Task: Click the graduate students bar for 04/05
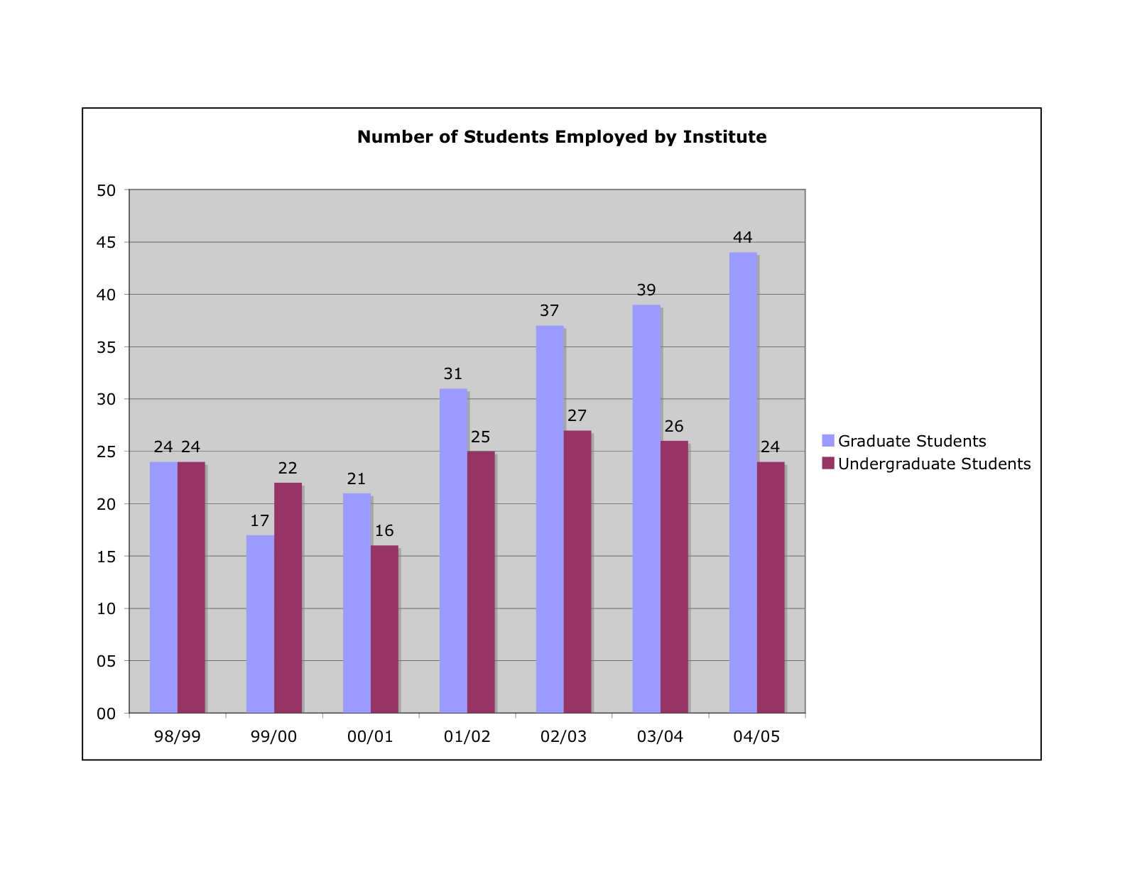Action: [743, 483]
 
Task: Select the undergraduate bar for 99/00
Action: [288, 598]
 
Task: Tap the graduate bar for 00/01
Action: [357, 603]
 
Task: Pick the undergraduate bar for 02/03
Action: [577, 572]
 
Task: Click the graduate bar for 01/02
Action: [453, 551]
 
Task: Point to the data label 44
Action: [743, 237]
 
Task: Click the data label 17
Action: [260, 521]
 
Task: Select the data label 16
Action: [384, 531]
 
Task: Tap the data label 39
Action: [646, 290]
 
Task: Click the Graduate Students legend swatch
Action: [828, 440]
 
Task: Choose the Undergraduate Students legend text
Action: [934, 464]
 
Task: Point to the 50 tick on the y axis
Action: [107, 190]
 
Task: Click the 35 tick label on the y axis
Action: [107, 347]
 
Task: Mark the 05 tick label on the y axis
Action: [107, 661]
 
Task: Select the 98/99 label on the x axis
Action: [178, 736]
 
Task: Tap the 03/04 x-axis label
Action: [660, 736]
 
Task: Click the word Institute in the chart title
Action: [724, 136]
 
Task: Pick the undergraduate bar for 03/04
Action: [674, 576]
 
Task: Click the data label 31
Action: [453, 373]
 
